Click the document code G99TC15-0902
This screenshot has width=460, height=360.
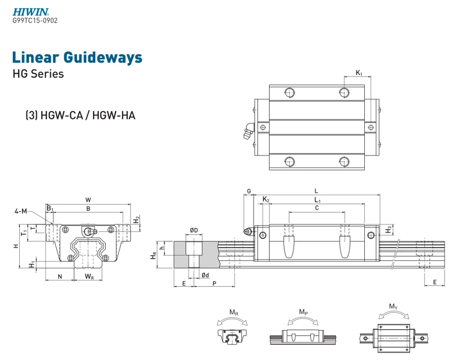pyautogui.click(x=35, y=21)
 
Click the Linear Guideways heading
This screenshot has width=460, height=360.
pyautogui.click(x=77, y=58)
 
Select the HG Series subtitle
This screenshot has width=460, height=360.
pyautogui.click(x=38, y=74)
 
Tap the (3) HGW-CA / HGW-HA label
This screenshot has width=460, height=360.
pyautogui.click(x=80, y=115)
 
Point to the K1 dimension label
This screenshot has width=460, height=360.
pyautogui.click(x=359, y=73)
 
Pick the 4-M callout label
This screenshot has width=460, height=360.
pyautogui.click(x=21, y=211)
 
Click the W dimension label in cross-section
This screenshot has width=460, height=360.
pyautogui.click(x=88, y=200)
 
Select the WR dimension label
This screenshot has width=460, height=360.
pyautogui.click(x=89, y=276)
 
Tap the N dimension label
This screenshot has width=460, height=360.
pyautogui.click(x=60, y=276)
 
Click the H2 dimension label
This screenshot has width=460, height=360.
pyautogui.click(x=136, y=220)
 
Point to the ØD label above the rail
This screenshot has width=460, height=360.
pyautogui.click(x=194, y=230)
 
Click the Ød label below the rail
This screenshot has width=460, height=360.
pyautogui.click(x=205, y=275)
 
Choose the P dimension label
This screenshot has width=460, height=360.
pyautogui.click(x=214, y=284)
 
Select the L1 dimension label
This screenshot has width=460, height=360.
pyautogui.click(x=317, y=199)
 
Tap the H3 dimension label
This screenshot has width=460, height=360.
pyautogui.click(x=389, y=229)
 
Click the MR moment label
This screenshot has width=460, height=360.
pyautogui.click(x=234, y=314)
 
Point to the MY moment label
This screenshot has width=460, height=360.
pyautogui.click(x=393, y=307)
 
